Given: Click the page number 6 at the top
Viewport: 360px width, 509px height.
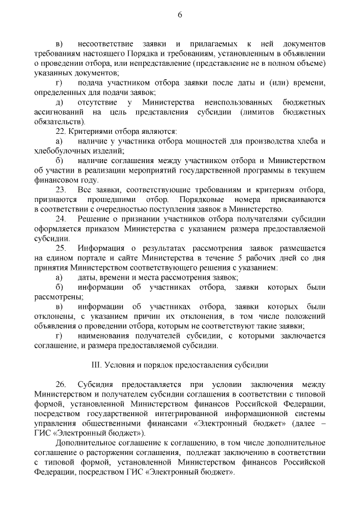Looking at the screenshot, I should point(180,15).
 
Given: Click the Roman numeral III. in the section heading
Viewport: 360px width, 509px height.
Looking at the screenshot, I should point(96,364).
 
